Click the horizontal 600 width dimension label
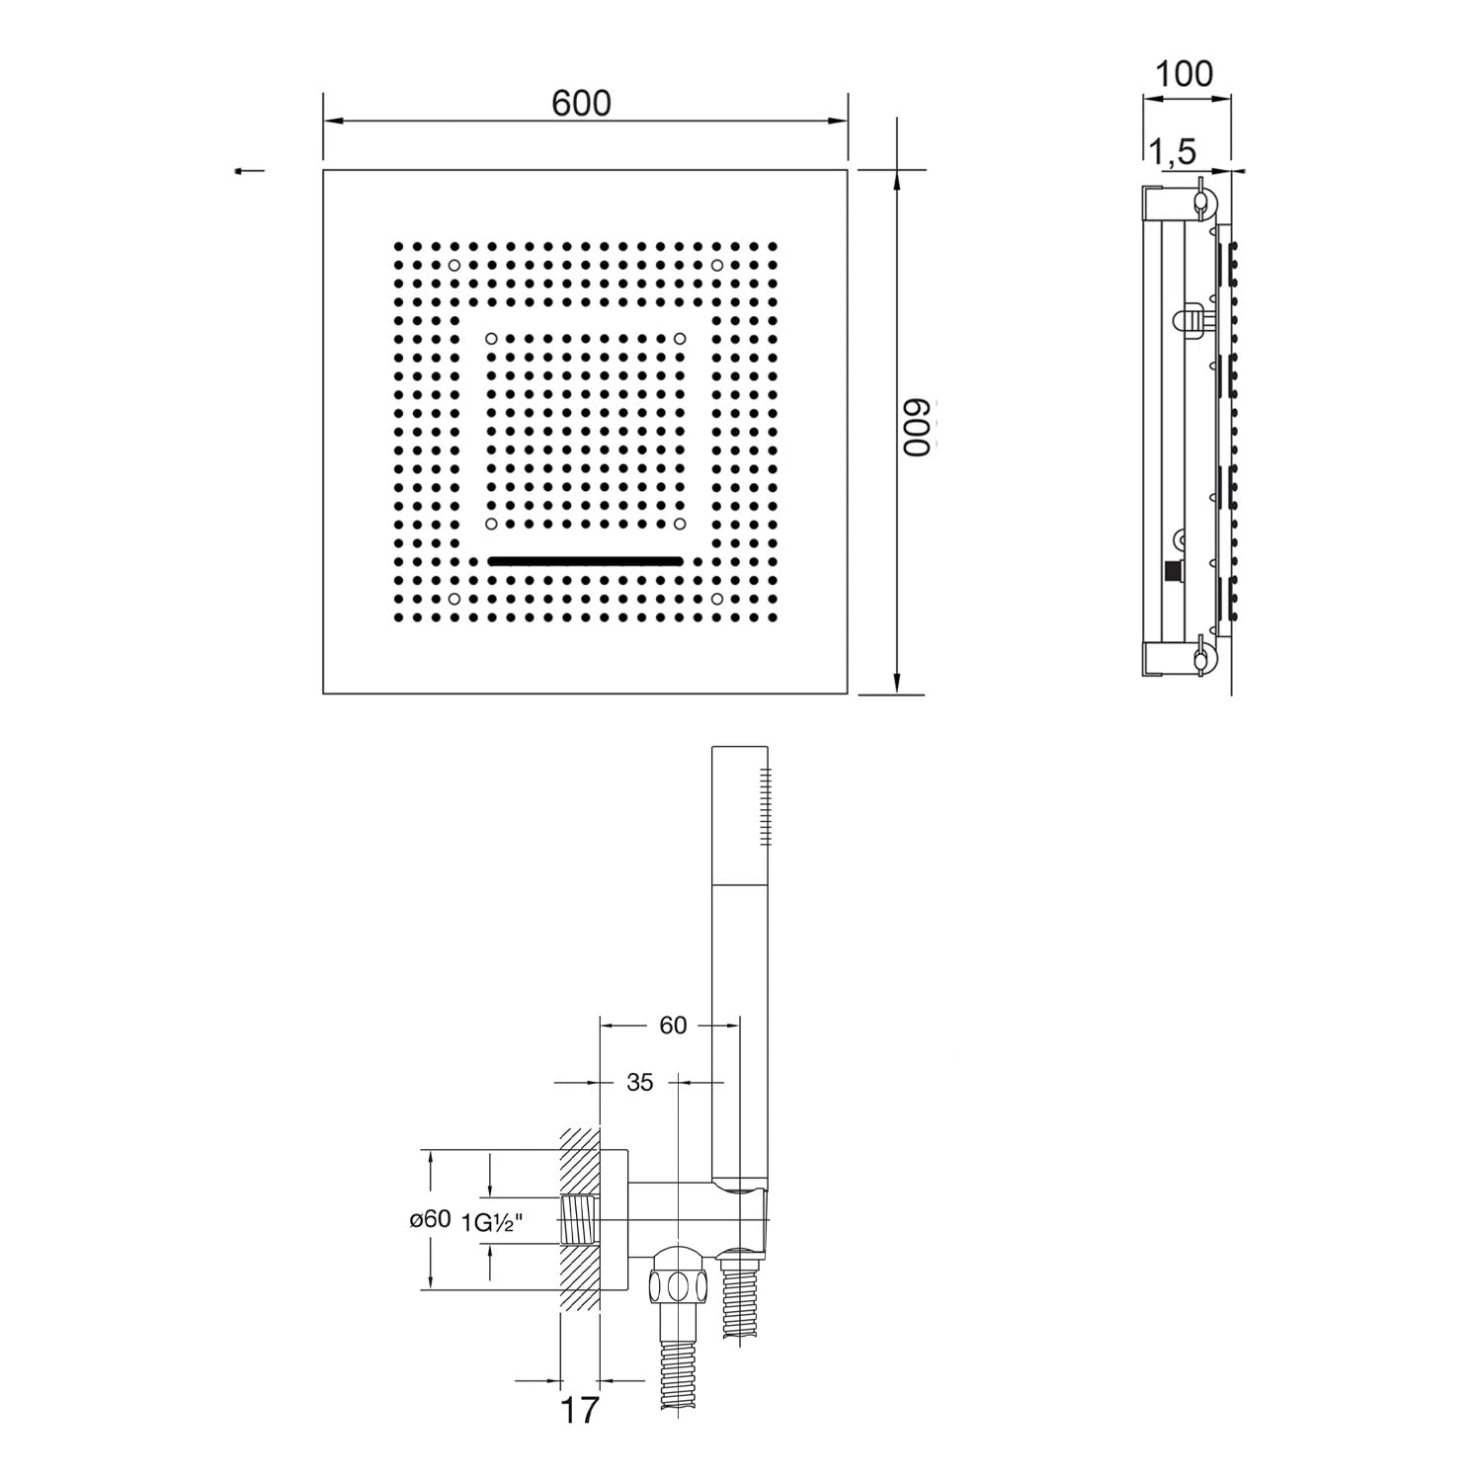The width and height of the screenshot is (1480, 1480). click(582, 103)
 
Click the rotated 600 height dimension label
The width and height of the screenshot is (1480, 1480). click(917, 428)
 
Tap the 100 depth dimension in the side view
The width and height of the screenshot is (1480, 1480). click(1184, 73)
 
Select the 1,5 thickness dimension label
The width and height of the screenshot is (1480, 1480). click(1172, 151)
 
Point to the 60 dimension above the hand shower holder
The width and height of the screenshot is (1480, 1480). click(673, 1026)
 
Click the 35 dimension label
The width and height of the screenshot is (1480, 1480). click(640, 1083)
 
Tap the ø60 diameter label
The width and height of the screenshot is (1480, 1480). click(431, 1219)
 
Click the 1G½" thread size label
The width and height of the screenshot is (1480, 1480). click(492, 1222)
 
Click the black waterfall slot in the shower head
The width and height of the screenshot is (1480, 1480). click(585, 560)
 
